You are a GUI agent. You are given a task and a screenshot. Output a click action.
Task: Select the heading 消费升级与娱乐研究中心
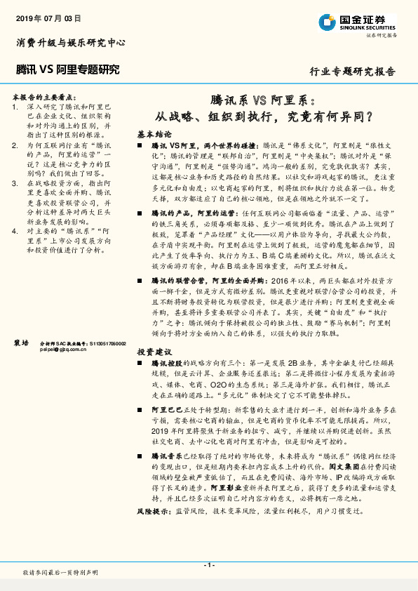click(70, 43)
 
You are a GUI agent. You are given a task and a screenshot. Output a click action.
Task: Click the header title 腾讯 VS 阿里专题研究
click(67, 69)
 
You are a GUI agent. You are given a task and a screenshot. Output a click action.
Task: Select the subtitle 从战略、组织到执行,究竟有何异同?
click(264, 116)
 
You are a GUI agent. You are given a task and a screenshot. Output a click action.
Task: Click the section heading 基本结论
click(154, 133)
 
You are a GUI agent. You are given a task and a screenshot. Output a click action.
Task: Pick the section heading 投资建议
click(154, 351)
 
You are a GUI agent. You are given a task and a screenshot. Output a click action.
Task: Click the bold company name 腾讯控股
click(166, 364)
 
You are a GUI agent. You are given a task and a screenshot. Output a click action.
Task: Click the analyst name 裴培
click(21, 343)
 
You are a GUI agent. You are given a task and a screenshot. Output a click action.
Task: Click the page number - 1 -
click(208, 565)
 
